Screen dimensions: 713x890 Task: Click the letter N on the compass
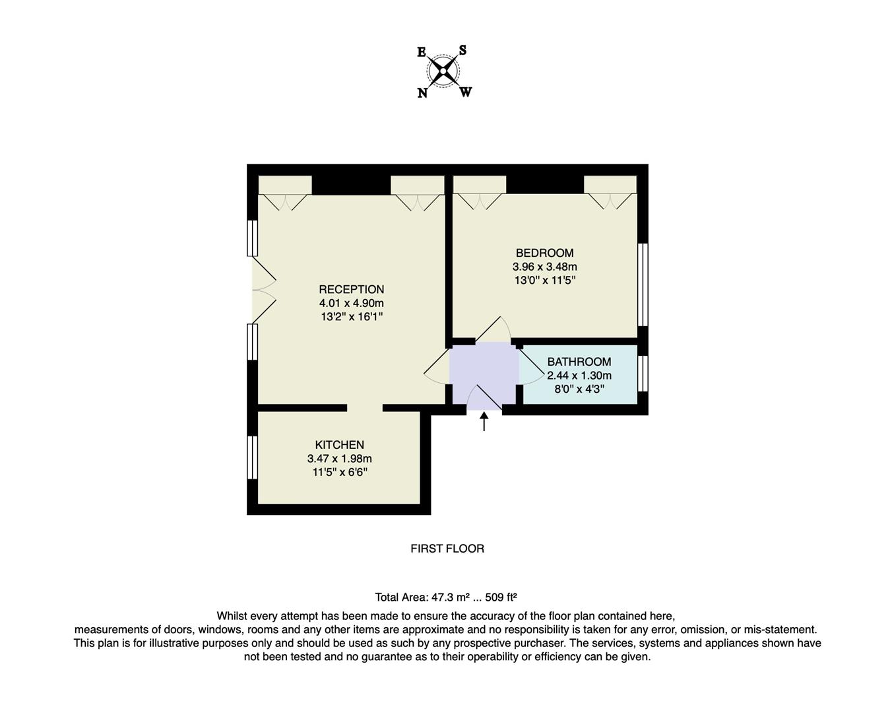click(422, 93)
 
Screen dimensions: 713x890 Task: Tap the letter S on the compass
click(463, 50)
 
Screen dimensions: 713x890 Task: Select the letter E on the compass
click(422, 52)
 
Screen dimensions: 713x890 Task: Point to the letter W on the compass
click(466, 92)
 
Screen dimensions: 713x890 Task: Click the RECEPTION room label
click(351, 289)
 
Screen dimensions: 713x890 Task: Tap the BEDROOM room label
click(544, 253)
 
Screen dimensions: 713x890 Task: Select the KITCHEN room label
click(339, 445)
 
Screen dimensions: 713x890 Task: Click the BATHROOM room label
click(579, 362)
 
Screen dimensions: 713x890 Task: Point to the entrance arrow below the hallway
click(484, 421)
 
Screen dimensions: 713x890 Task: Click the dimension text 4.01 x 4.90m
click(351, 303)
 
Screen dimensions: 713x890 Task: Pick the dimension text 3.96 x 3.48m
click(544, 267)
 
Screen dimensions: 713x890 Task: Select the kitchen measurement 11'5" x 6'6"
click(339, 472)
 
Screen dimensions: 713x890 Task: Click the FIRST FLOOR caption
click(447, 549)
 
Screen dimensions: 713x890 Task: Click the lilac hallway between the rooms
click(483, 373)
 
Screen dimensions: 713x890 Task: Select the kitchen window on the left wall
click(252, 457)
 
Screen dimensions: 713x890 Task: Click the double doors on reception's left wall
click(263, 289)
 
